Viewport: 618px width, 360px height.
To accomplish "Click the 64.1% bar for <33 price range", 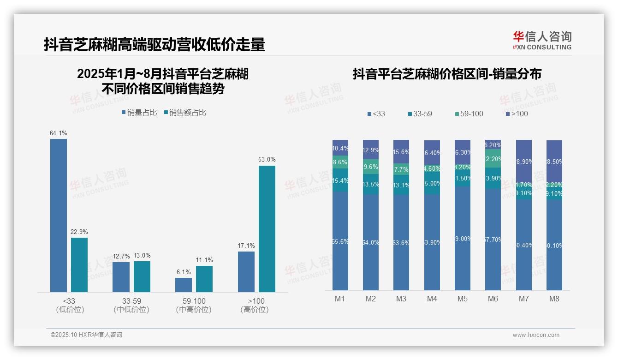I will tap(59, 215).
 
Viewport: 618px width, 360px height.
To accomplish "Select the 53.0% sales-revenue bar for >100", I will tap(267, 228).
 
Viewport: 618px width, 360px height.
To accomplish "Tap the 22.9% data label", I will tap(79, 232).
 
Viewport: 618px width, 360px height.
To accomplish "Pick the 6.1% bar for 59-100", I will tap(184, 285).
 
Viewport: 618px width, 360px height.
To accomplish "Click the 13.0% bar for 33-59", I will tap(142, 276).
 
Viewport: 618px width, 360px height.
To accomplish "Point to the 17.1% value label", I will tap(246, 246).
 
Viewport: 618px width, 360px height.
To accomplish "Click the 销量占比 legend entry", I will tap(139, 113).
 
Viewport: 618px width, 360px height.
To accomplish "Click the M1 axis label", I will tap(340, 299).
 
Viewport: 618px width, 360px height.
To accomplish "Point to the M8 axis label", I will tap(554, 299).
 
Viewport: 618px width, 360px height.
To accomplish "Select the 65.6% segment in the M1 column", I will tap(340, 240).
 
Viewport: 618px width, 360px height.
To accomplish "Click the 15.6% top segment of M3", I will tap(401, 151).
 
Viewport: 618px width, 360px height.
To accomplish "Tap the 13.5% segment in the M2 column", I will tap(371, 184).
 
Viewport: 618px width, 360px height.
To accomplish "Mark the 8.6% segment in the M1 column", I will tap(340, 162).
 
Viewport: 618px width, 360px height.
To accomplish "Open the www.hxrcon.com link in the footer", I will tap(536, 335).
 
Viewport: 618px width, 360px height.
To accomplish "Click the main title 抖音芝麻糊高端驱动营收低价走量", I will tap(154, 45).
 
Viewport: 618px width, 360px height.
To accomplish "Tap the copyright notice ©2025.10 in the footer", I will tap(86, 335).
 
